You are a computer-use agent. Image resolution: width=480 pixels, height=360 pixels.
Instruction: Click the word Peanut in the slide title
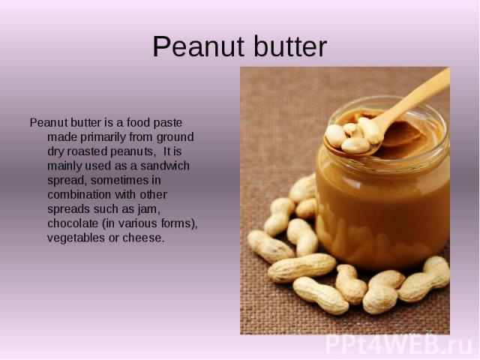pos(200,46)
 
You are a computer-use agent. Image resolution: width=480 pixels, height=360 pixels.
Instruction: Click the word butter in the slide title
pos(290,46)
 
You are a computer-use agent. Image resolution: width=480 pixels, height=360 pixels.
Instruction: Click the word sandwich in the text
pos(165,166)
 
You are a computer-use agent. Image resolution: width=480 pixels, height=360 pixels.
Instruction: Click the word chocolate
pos(73,223)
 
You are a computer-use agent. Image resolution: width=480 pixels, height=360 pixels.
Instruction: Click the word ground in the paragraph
pos(175,137)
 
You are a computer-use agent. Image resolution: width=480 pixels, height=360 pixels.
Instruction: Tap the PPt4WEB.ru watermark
pos(399,346)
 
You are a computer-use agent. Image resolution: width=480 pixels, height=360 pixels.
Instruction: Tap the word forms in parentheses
pos(175,223)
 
